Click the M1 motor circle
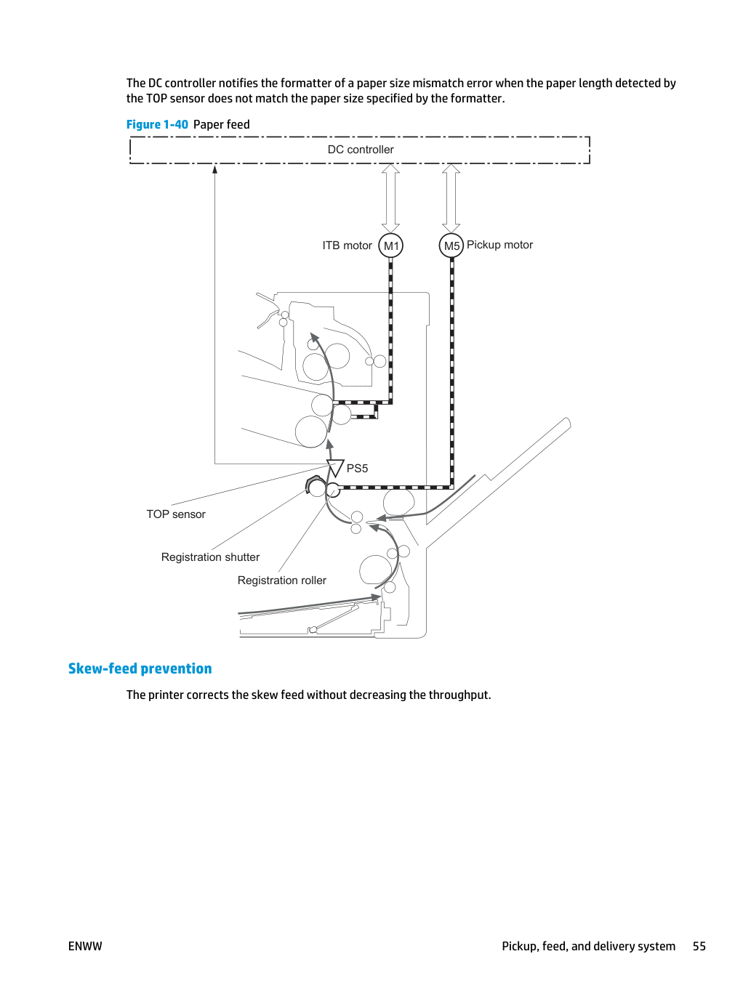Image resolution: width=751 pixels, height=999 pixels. [390, 246]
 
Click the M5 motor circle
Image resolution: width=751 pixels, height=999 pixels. [451, 246]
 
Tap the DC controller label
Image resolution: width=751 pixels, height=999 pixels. [361, 150]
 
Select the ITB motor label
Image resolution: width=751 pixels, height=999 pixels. [347, 246]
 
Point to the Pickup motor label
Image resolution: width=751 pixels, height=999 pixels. [499, 245]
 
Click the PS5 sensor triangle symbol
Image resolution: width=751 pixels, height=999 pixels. [336, 467]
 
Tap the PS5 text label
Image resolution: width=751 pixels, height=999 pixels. [357, 469]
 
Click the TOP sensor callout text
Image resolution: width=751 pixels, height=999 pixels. [176, 514]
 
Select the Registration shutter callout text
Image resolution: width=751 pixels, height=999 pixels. [210, 557]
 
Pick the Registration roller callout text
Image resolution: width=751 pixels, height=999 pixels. [282, 581]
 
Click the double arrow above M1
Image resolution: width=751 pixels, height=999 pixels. [390, 198]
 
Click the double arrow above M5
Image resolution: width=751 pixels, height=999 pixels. [451, 198]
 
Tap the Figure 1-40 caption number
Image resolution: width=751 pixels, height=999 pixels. [157, 124]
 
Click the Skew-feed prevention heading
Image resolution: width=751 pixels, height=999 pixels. [140, 668]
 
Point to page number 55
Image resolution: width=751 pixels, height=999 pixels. [699, 946]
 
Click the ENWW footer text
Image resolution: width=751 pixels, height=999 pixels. [85, 946]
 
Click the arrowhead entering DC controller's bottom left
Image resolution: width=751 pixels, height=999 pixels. [215, 169]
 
